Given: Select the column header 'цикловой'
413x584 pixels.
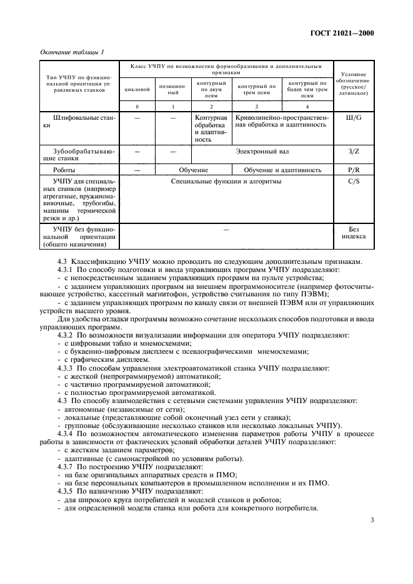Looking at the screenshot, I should (137, 89).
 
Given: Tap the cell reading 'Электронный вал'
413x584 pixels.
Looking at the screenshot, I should (262, 151).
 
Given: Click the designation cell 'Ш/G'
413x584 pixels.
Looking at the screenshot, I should (354, 117).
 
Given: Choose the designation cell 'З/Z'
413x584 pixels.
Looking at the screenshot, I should (354, 151).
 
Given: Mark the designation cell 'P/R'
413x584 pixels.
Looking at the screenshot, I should (354, 169).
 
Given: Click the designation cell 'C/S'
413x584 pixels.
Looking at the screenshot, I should (354, 182).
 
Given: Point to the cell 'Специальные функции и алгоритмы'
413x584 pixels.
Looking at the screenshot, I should (226, 182).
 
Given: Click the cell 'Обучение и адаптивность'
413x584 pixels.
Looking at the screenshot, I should (283, 169).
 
